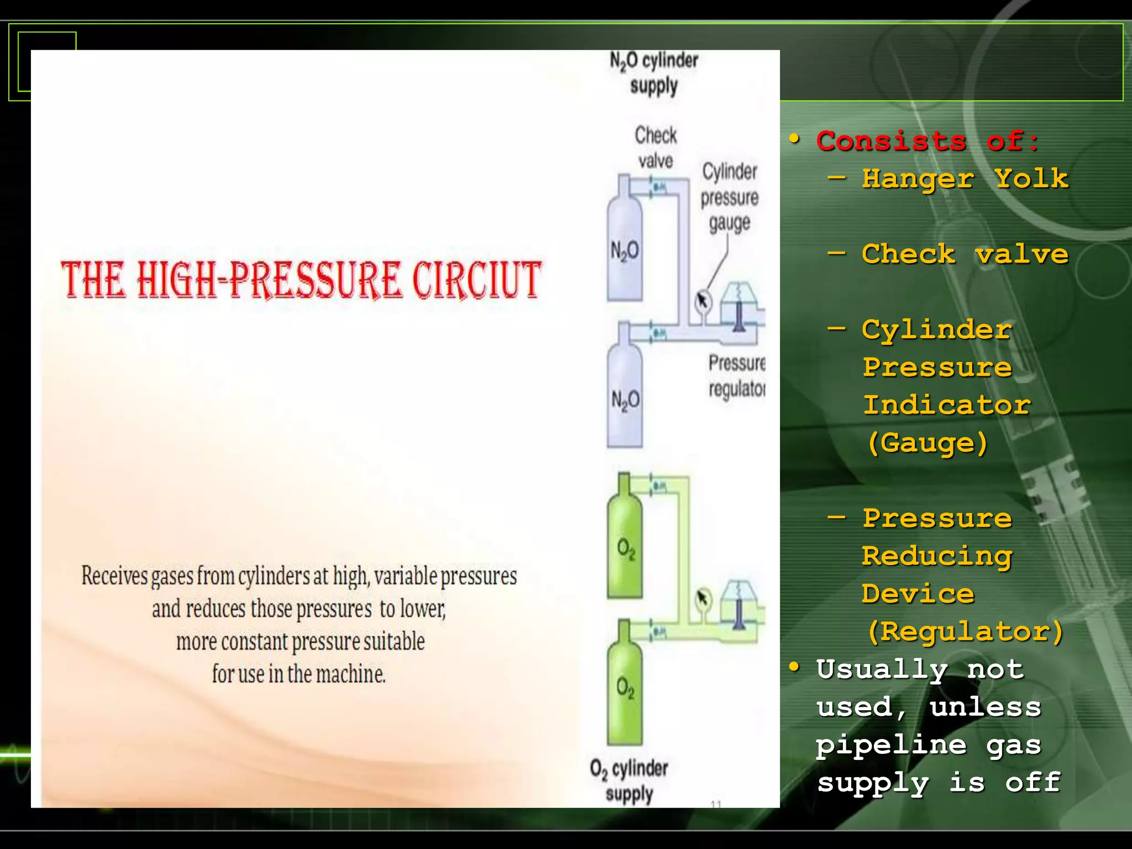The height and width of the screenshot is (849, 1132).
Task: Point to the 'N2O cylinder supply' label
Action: (x=654, y=73)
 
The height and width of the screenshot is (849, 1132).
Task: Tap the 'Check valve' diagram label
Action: (x=656, y=148)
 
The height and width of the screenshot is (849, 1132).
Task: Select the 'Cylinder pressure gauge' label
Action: (x=730, y=197)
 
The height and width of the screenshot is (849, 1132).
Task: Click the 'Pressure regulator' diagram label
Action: (x=737, y=376)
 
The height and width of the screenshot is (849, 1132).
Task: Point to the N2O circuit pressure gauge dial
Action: (x=703, y=301)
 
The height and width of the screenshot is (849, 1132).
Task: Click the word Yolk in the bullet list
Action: (x=1031, y=179)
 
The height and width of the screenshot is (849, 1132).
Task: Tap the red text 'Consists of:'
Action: (x=928, y=140)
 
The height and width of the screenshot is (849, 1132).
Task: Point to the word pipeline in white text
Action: (x=891, y=745)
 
